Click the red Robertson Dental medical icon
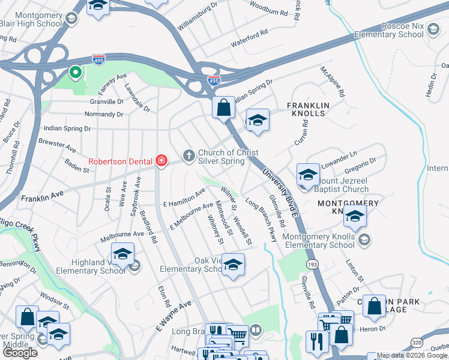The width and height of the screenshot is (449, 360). tap(161, 160)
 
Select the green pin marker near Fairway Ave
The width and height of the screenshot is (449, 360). tap(76, 73)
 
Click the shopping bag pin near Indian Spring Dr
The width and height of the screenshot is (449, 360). tap(223, 109)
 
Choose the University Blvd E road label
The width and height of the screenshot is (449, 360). tap(279, 192)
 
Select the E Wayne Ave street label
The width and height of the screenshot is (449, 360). tap(173, 316)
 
